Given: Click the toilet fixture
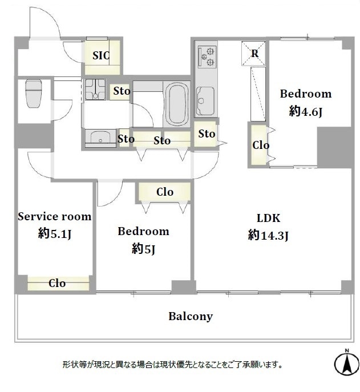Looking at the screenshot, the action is [x=34, y=94].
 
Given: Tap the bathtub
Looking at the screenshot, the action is [x=177, y=104].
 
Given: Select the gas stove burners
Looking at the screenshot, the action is [x=207, y=56].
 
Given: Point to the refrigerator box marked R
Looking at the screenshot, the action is [x=253, y=54].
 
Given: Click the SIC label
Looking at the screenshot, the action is [x=101, y=55].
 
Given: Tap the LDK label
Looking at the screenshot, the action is [x=269, y=218].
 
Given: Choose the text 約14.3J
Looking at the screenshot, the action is [x=268, y=235].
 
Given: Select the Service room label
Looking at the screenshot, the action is [x=55, y=216].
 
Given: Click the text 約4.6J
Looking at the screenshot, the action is [x=305, y=111].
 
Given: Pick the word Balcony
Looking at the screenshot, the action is [x=191, y=317].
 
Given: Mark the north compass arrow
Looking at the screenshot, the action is [x=346, y=363].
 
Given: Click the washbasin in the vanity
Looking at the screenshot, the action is [x=100, y=138].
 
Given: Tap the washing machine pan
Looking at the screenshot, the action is [x=95, y=89].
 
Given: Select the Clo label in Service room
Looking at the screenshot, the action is [x=57, y=283].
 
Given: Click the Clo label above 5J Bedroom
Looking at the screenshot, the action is [x=165, y=192].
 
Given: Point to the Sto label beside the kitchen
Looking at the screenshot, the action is [x=207, y=134].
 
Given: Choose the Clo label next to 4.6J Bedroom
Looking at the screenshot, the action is [x=261, y=145].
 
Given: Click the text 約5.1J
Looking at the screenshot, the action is [x=55, y=234].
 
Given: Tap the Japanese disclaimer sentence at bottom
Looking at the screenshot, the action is [x=172, y=365].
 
